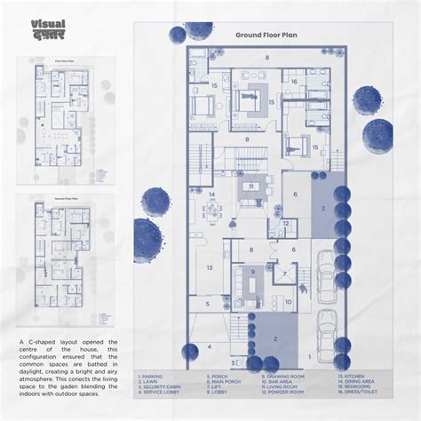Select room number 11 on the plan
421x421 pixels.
[x=252, y=187]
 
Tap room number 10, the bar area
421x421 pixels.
[x=289, y=302]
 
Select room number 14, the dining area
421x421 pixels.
[x=212, y=194]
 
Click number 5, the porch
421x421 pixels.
[x=208, y=303]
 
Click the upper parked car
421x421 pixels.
[x=325, y=266]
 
